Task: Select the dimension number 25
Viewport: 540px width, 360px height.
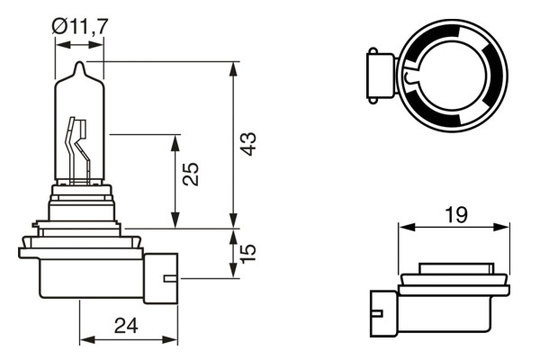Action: [190, 175]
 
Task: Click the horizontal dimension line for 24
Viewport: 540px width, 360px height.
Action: [126, 340]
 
